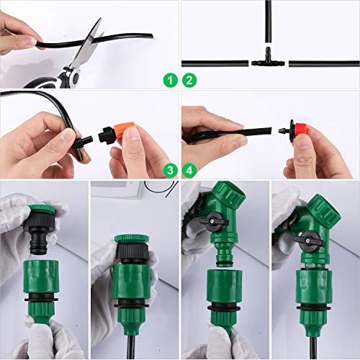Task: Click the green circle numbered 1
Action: [x=169, y=80]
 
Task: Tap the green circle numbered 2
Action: [x=189, y=80]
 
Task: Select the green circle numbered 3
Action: [x=169, y=170]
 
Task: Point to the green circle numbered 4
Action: [x=189, y=170]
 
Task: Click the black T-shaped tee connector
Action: [x=268, y=62]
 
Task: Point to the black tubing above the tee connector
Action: [x=267, y=25]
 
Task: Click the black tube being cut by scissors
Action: [x=43, y=43]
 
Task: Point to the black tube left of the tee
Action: [x=216, y=63]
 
